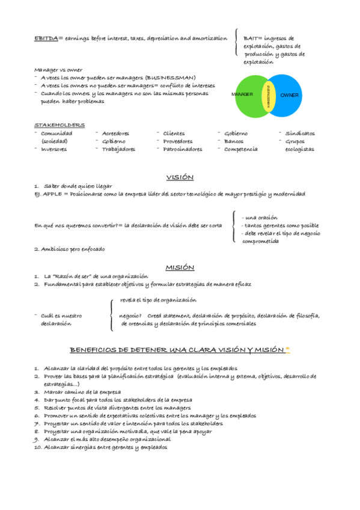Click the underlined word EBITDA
[45, 38]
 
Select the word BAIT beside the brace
[251, 38]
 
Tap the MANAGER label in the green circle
[242, 95]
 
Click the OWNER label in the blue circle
[289, 95]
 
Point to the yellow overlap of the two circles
[268, 96]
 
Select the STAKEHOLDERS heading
[59, 124]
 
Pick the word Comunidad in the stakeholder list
[56, 133]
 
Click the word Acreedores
[116, 133]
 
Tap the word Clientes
[174, 133]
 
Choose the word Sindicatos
[299, 133]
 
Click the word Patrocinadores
[183, 149]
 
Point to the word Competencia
[241, 149]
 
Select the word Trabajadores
[118, 149]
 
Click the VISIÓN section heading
[180, 177]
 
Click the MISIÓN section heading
[180, 267]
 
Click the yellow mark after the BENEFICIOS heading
[287, 348]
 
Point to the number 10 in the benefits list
[37, 447]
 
